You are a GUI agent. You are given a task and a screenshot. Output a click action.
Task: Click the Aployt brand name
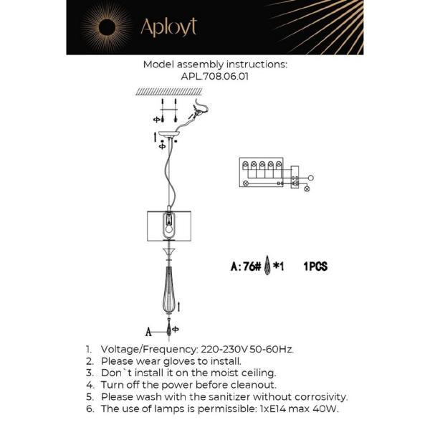coord(168,27)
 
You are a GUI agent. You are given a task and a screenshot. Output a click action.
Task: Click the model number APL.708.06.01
coord(215,75)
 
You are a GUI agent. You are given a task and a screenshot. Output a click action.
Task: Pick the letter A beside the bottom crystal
coord(149,332)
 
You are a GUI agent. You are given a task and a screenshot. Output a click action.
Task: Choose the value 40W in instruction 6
coord(325,408)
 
